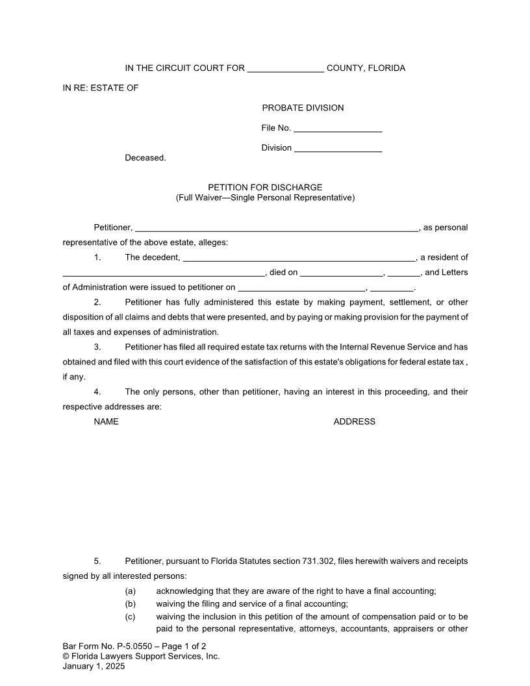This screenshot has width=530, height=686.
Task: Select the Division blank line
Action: point(338,149)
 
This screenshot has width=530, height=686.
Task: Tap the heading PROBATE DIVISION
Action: point(303,108)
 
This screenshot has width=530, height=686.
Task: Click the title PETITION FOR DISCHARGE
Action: point(265,188)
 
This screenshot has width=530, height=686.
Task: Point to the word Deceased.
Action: point(145,158)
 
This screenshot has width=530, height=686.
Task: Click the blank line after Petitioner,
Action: point(276,228)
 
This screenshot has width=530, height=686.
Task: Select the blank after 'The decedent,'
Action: point(299,258)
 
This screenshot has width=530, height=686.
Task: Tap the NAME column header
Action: point(106,422)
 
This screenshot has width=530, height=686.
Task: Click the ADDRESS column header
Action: point(354,422)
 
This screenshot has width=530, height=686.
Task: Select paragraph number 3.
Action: point(97,348)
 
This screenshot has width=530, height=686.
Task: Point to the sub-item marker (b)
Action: point(130,603)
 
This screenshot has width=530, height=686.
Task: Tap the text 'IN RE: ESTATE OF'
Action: point(100,88)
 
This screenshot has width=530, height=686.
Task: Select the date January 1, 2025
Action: point(94,666)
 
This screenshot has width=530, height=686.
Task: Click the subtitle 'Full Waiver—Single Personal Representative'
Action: point(265,197)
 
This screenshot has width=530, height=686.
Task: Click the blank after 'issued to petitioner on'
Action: point(302,288)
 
